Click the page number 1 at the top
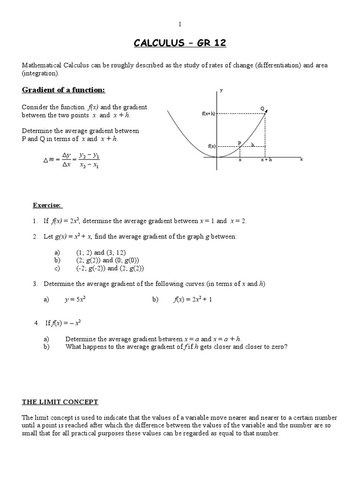coord(180,24)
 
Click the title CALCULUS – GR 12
coord(180,44)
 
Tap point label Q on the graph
coord(262,108)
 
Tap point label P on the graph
coord(239,143)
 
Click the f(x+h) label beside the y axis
coord(209,113)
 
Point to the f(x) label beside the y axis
coord(211,146)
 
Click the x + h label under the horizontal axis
coord(266,160)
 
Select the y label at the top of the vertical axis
coord(221,90)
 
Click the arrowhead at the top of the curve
coord(266,112)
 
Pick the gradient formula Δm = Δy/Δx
coord(71,160)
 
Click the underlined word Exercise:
coord(47,205)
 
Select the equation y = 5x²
coord(75,300)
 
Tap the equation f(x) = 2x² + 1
coord(193,300)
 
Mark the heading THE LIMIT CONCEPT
coord(60,402)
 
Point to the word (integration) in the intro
coord(41,74)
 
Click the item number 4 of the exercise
coord(37,323)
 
